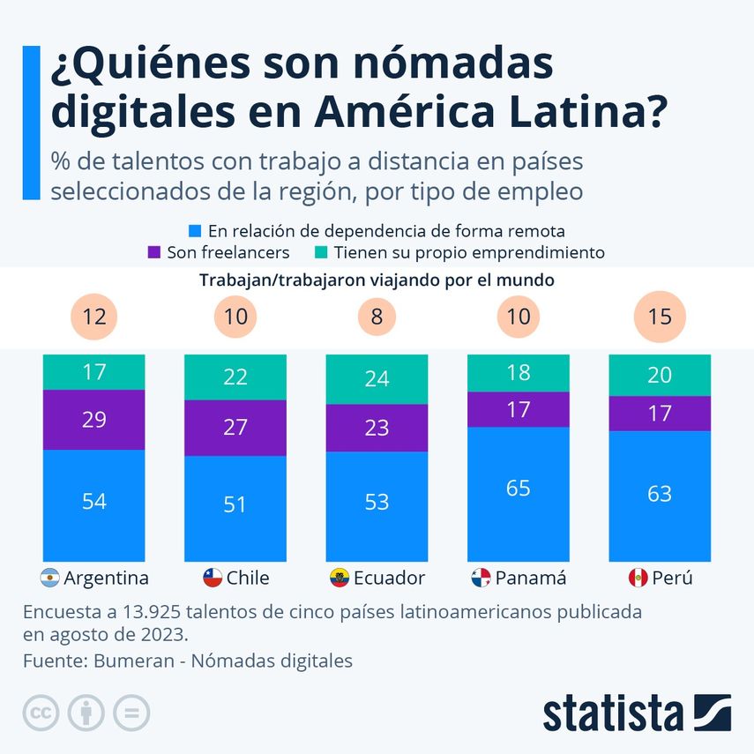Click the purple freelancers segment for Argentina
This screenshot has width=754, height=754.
[94, 420]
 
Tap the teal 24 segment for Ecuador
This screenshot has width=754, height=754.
[377, 378]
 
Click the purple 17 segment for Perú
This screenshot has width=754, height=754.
[660, 413]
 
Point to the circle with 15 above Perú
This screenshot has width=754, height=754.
[660, 316]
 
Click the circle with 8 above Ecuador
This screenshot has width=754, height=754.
[377, 316]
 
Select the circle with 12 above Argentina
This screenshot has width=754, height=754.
[94, 316]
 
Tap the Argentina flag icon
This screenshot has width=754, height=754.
[51, 579]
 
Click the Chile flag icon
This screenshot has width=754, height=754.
[212, 579]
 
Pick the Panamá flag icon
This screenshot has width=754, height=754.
[481, 579]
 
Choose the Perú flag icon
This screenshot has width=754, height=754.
[637, 579]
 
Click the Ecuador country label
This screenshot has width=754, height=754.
[389, 579]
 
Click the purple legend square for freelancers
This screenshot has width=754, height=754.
[154, 252]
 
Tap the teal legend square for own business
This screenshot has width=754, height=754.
[323, 252]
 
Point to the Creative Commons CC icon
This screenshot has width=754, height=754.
[40, 713]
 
